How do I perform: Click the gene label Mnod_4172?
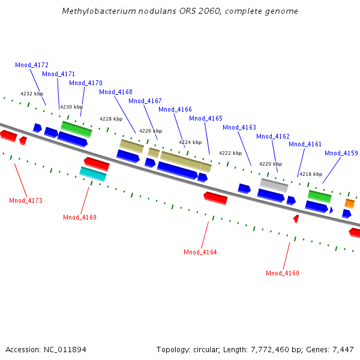(32, 65)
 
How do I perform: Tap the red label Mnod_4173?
(26, 200)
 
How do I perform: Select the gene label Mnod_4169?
(80, 217)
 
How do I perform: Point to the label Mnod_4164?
(200, 252)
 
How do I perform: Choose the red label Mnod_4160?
(283, 273)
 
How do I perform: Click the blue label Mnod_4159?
(341, 153)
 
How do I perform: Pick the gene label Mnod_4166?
(175, 109)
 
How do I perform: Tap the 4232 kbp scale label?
(32, 94)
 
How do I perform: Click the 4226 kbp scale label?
(151, 131)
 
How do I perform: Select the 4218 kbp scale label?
(311, 174)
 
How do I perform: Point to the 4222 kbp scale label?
(230, 153)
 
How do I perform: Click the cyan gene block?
(93, 174)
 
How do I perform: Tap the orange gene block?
(349, 204)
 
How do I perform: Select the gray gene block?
(274, 185)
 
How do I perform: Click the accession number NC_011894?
(65, 349)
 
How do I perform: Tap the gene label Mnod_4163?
(239, 127)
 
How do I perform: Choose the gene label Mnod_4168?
(116, 92)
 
